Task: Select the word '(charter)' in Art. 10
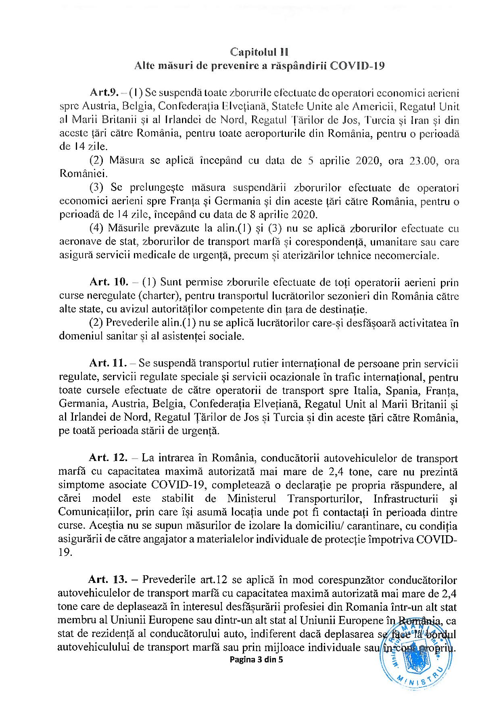pos(159,296)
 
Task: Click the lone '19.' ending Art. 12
pos(65,553)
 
